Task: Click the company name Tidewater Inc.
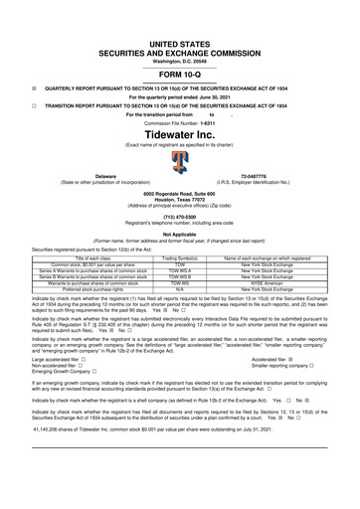[179, 134]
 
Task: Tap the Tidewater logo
[180, 160]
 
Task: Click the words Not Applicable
[179, 235]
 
